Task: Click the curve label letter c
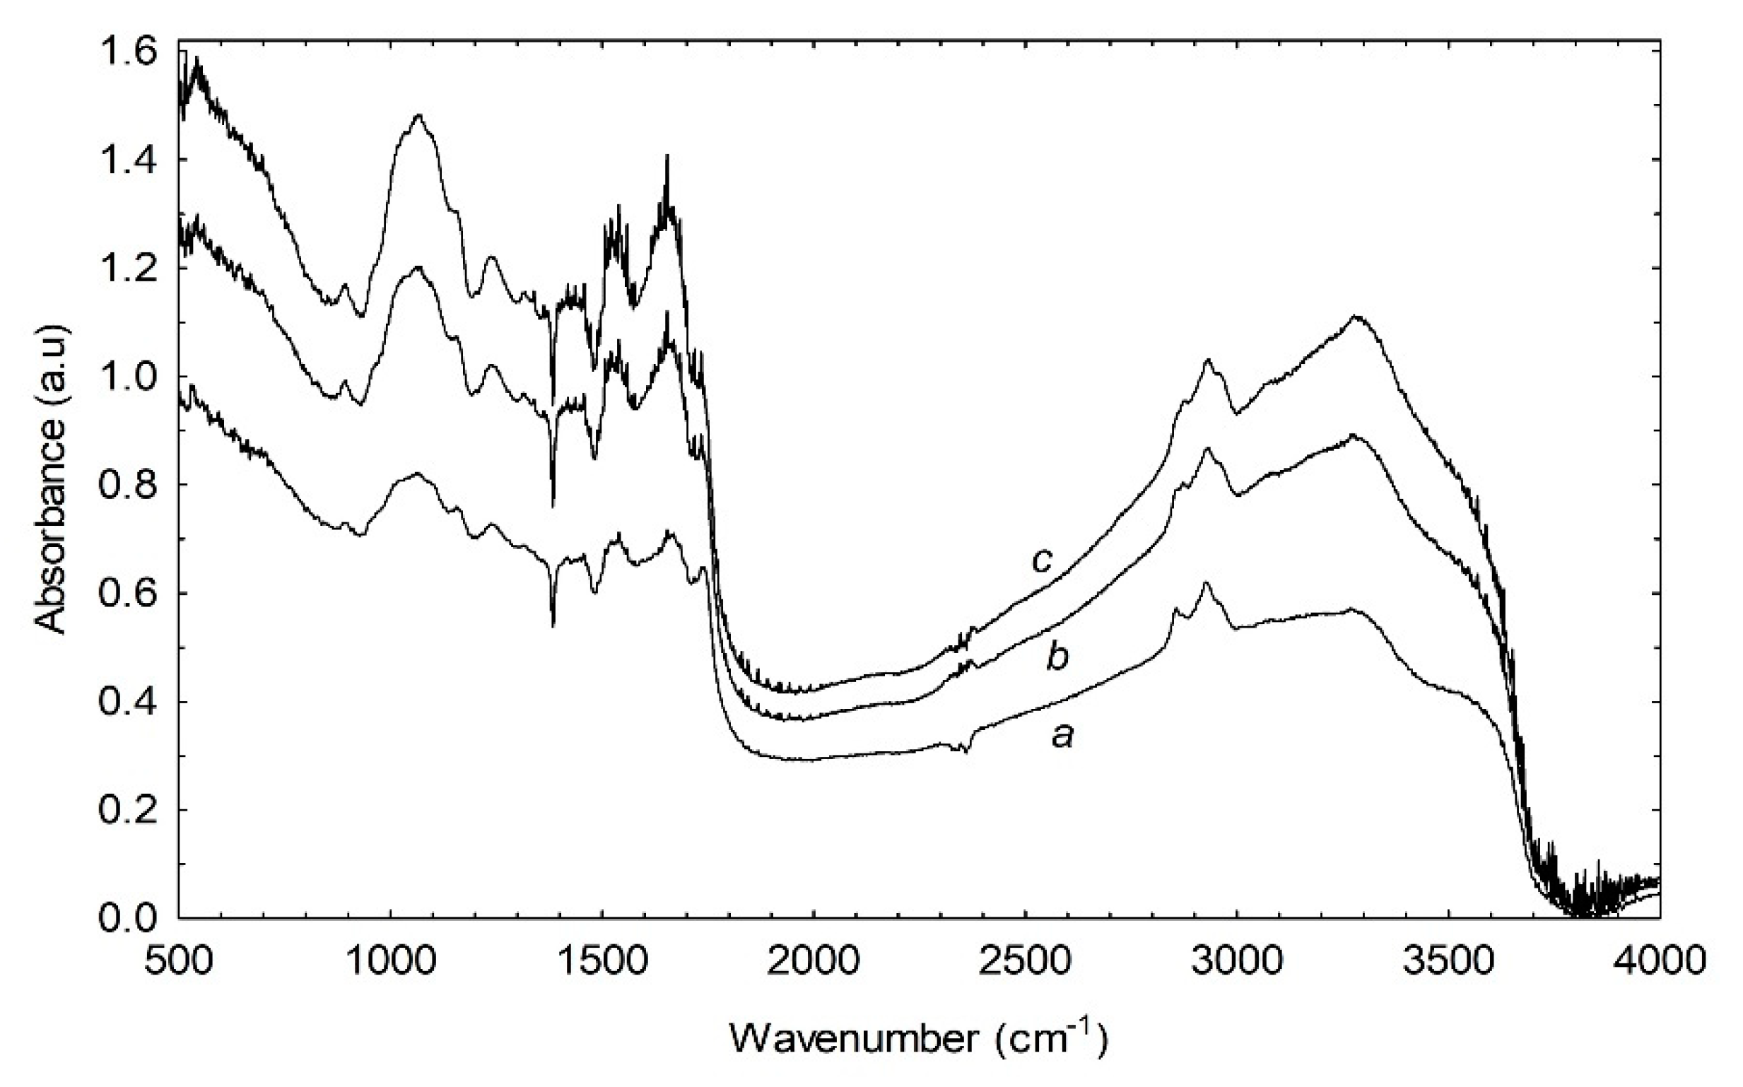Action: pos(1043,559)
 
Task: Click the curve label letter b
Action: pos(1057,657)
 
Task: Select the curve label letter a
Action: pos(1062,736)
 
